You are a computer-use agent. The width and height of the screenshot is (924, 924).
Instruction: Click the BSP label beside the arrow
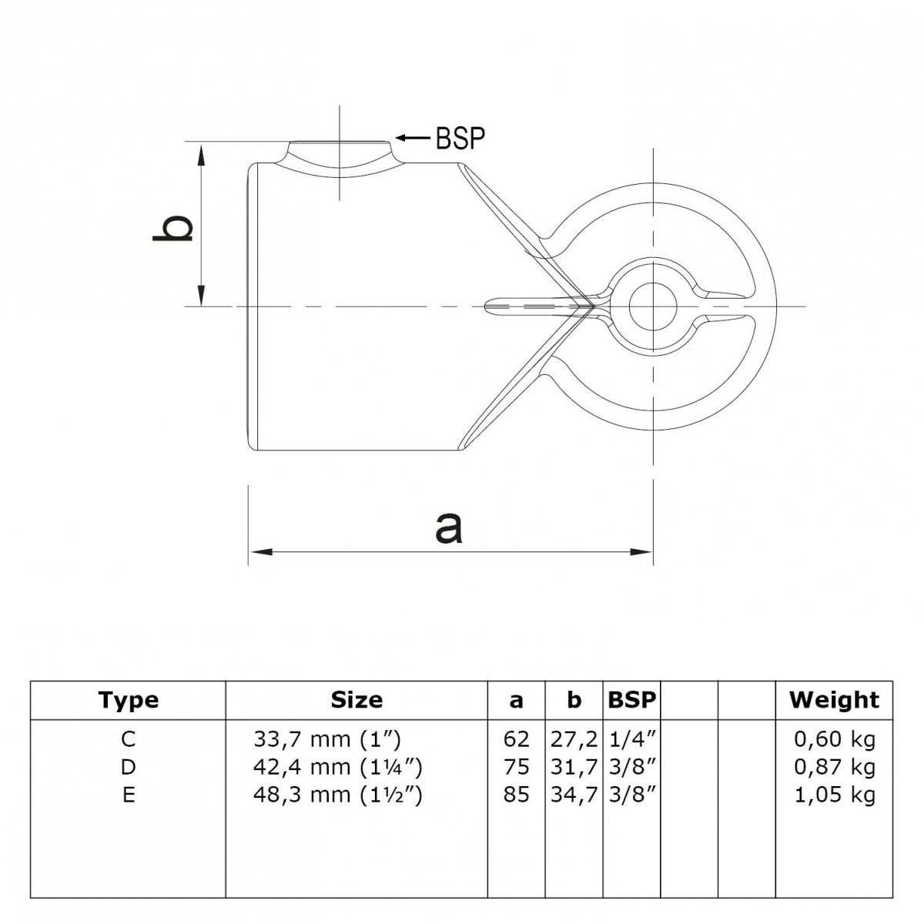[x=460, y=139]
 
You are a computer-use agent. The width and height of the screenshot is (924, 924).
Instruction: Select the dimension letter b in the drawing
[x=172, y=228]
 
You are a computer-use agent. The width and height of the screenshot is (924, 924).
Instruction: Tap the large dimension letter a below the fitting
[x=449, y=528]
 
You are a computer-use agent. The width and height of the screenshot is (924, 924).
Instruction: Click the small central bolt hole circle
[x=653, y=306]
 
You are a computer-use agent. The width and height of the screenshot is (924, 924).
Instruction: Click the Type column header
[x=128, y=700]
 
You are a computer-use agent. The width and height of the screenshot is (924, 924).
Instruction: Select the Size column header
[x=357, y=700]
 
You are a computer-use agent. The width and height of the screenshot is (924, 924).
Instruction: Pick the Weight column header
[x=834, y=700]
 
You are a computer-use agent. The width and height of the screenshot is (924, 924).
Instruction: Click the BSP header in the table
[x=631, y=700]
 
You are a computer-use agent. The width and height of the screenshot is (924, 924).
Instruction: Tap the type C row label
[x=129, y=739]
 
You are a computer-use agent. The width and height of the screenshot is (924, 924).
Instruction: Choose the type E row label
[x=129, y=795]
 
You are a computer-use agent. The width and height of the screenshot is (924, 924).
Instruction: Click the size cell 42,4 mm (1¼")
[x=337, y=768]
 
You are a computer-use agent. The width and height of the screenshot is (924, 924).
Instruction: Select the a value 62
[x=516, y=739]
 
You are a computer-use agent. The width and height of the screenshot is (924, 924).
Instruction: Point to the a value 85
[x=516, y=795]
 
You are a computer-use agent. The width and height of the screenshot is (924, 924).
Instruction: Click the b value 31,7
[x=574, y=768]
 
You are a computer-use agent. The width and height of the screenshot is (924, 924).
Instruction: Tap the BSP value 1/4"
[x=632, y=740]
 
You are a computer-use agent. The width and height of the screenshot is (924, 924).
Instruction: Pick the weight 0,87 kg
[x=835, y=768]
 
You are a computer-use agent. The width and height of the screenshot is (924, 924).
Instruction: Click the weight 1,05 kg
[x=835, y=795]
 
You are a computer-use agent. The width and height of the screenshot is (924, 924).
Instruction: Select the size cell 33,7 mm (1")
[x=326, y=740]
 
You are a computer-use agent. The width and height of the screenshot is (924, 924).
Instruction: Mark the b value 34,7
[x=574, y=795]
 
